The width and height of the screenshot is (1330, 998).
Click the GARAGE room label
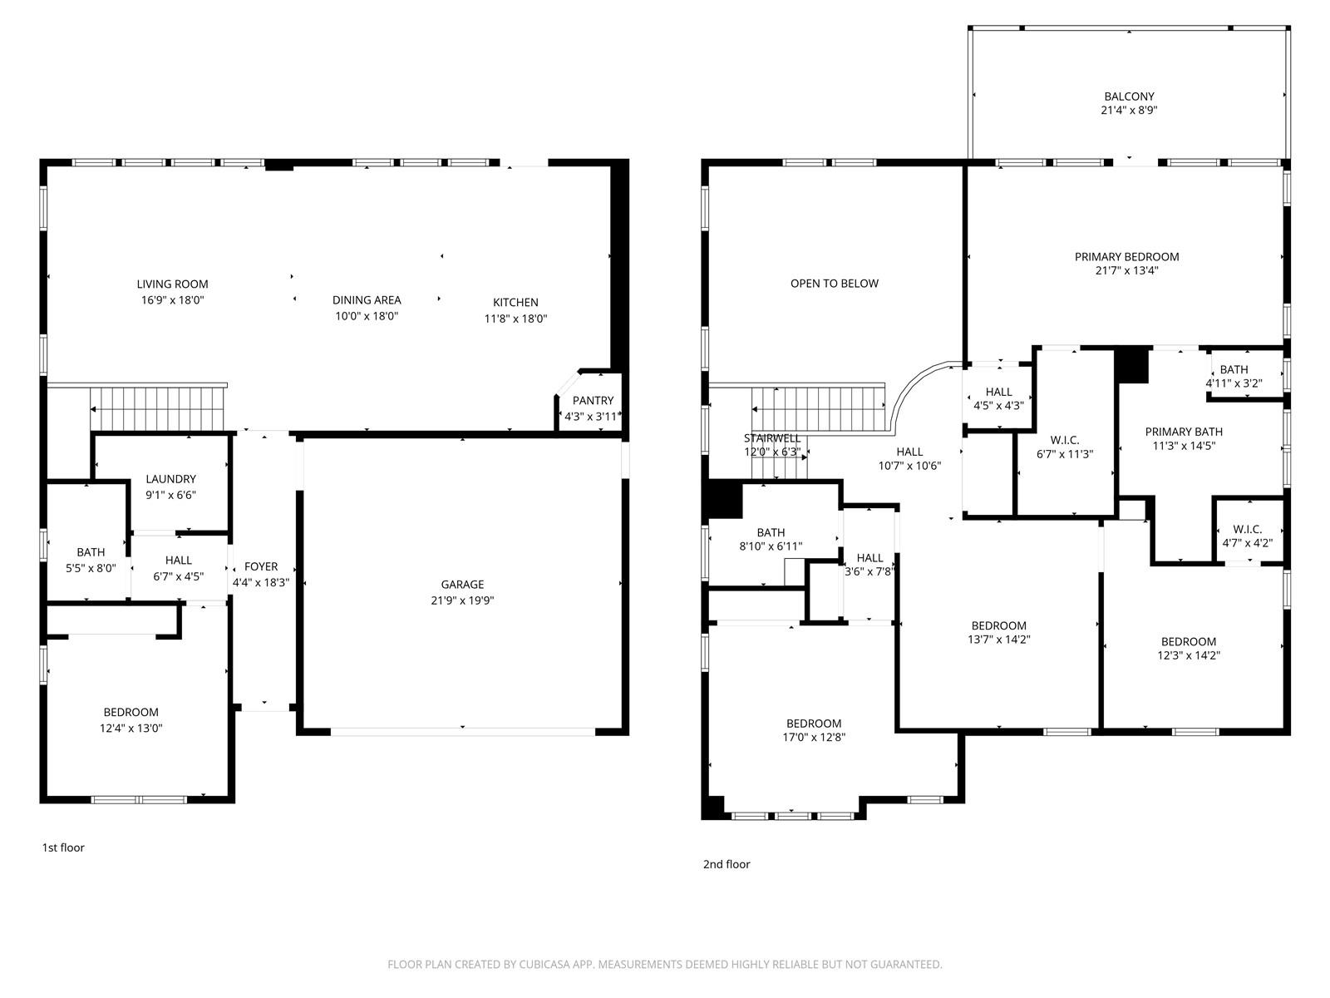462,585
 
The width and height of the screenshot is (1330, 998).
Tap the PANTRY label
593,401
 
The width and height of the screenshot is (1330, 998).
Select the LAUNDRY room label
171,479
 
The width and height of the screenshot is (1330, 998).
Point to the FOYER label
261,566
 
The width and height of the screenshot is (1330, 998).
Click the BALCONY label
1129,96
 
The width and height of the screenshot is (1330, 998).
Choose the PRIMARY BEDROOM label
1126,257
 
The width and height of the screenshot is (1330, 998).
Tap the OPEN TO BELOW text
835,284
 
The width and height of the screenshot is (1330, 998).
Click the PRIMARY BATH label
1184,432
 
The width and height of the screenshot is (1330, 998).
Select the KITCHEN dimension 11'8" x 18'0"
515,319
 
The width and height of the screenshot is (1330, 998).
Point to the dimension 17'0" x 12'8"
814,738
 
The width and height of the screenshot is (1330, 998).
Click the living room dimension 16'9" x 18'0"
173,300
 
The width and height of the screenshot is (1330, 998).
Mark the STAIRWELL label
772,438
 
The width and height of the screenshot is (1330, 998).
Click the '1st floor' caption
63,847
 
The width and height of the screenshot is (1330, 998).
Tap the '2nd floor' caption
727,865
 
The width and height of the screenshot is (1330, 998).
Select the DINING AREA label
367,300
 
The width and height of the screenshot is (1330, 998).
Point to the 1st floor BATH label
91,552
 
